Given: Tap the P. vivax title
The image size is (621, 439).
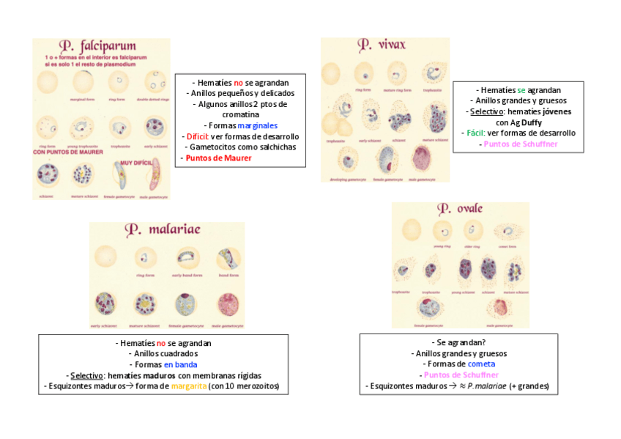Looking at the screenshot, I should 382,45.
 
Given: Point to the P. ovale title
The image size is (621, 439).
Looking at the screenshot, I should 460,209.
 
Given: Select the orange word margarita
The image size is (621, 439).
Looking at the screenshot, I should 188,386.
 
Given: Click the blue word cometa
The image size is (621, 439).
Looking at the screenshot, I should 482,364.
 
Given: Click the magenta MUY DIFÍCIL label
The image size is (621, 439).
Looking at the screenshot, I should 137,163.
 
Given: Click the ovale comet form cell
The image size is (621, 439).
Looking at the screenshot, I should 507,234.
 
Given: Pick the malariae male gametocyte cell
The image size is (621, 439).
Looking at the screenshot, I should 226,304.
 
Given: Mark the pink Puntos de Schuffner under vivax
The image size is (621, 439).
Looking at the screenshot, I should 520,144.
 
